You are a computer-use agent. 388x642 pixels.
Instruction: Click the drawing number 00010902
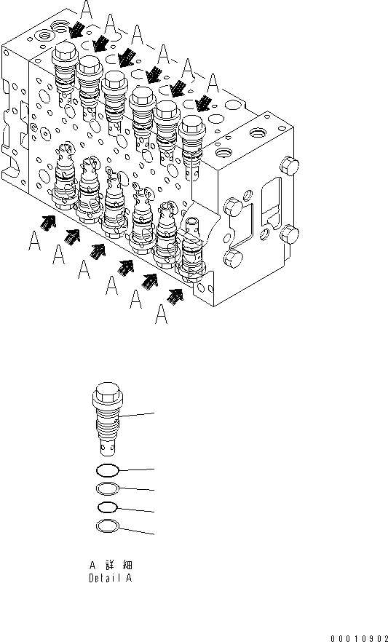359,638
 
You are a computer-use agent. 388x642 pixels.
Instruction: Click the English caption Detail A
111,579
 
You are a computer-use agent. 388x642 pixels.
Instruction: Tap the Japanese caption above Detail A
111,565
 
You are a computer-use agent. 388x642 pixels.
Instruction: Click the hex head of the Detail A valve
107,390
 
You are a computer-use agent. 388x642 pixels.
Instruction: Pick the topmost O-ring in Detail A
108,471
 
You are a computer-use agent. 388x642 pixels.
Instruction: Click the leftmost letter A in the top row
86,9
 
